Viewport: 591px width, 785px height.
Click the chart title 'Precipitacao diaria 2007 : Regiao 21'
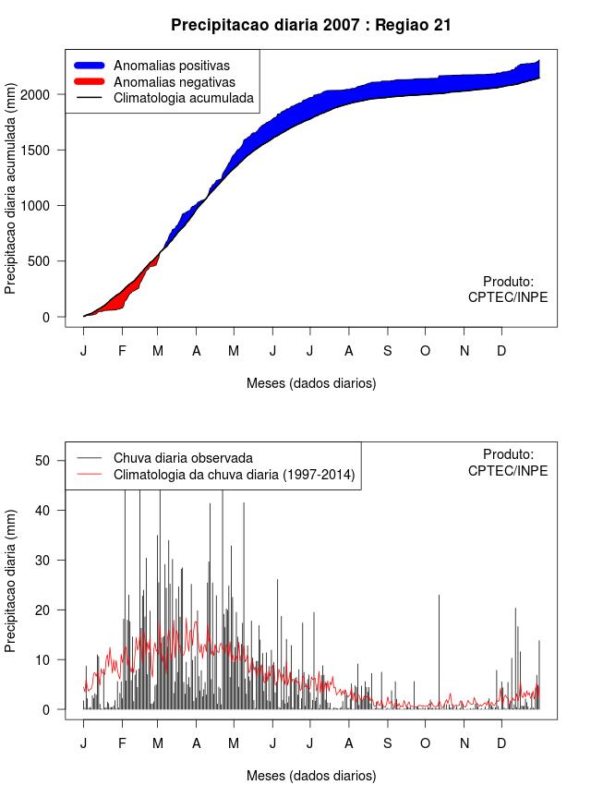point(311,25)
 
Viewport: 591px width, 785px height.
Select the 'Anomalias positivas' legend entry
point(171,66)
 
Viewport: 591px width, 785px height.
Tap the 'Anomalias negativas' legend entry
point(174,82)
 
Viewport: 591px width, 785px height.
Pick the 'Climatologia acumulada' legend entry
point(183,98)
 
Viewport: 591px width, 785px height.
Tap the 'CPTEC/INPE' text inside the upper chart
point(508,297)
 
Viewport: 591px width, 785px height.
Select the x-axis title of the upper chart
point(311,382)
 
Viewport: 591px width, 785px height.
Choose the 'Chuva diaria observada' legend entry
point(183,458)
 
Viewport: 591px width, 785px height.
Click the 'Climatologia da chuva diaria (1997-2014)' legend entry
point(234,475)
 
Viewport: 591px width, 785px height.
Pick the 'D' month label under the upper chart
point(501,351)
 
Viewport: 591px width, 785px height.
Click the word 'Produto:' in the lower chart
point(508,454)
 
